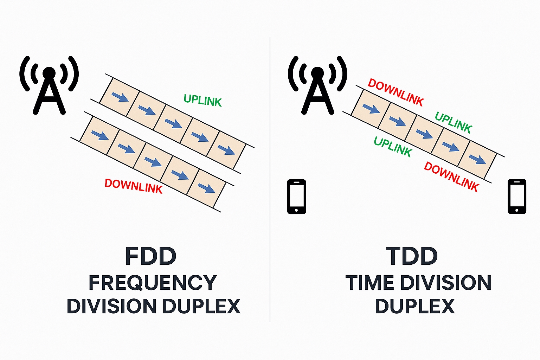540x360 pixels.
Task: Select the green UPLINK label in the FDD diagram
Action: pyautogui.click(x=202, y=101)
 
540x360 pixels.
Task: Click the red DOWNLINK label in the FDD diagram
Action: pyautogui.click(x=134, y=186)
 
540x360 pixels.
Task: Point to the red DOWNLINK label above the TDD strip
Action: pyautogui.click(x=396, y=92)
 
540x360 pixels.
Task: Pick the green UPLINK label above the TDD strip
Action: pyautogui.click(x=454, y=122)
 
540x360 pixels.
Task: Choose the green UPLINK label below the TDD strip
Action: pyautogui.click(x=393, y=146)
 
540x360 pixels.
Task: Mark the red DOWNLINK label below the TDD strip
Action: pyautogui.click(x=451, y=176)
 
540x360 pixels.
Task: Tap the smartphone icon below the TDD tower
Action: pyautogui.click(x=297, y=197)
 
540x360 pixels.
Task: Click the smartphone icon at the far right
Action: pyautogui.click(x=517, y=197)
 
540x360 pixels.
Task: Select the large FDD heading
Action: pyautogui.click(x=150, y=257)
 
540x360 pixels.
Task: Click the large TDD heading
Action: pyautogui.click(x=412, y=257)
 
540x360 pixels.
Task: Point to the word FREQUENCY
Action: pyautogui.click(x=153, y=283)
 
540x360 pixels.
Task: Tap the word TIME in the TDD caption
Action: pyautogui.click(x=369, y=283)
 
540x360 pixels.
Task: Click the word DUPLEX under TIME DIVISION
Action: pyautogui.click(x=415, y=306)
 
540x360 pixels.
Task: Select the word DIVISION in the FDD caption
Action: pyautogui.click(x=111, y=306)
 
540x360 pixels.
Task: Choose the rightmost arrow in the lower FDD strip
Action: pyautogui.click(x=206, y=188)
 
